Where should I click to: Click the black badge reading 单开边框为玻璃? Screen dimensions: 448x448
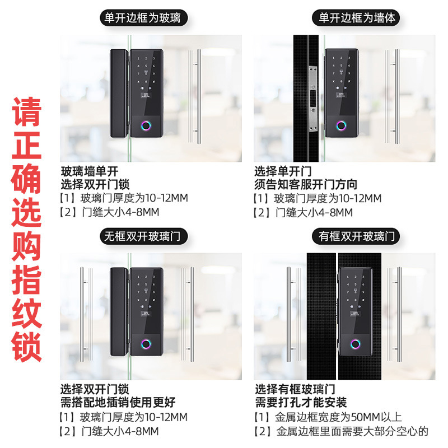click(144, 18)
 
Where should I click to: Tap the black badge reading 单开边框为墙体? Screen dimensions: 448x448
click(356, 18)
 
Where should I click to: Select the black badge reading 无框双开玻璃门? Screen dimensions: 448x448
click(144, 236)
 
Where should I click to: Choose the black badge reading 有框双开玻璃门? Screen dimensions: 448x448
click(356, 236)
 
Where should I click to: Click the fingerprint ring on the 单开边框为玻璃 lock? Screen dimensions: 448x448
click(146, 125)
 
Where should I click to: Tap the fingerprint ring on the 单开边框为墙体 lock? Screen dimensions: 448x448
click(341, 125)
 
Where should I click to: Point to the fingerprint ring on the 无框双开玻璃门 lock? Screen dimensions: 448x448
click(146, 344)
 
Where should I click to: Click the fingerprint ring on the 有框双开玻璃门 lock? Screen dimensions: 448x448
click(356, 344)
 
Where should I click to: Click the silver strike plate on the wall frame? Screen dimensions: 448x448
click(313, 99)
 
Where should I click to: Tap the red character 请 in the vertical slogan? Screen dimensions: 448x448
click(26, 111)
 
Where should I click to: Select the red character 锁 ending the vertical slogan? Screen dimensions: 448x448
click(26, 346)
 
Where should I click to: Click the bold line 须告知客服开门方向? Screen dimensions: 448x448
click(306, 185)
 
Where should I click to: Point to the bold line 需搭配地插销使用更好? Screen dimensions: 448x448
click(118, 402)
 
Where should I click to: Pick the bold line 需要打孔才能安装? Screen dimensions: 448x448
click(301, 402)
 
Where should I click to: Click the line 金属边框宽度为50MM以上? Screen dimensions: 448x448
click(328, 417)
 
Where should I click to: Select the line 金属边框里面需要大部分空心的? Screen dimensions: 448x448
click(341, 431)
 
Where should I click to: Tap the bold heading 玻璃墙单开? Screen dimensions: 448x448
click(90, 171)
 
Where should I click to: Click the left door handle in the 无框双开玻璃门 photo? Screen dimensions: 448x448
click(86, 314)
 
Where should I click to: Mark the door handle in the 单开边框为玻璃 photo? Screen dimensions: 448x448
click(194, 96)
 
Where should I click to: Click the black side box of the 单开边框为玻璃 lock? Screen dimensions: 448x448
click(119, 94)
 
